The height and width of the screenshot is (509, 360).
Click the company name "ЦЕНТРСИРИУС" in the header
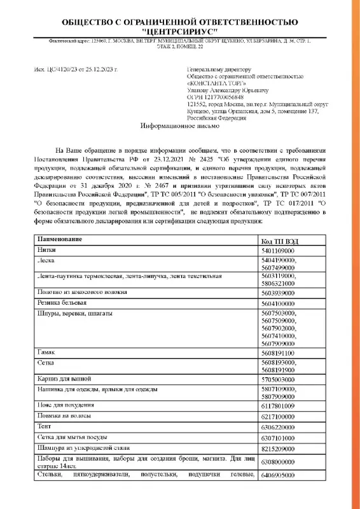tap(180, 30)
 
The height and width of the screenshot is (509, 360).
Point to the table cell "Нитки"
tap(47, 251)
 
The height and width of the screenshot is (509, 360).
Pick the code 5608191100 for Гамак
tap(279, 352)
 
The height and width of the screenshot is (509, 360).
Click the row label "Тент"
tap(45, 427)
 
